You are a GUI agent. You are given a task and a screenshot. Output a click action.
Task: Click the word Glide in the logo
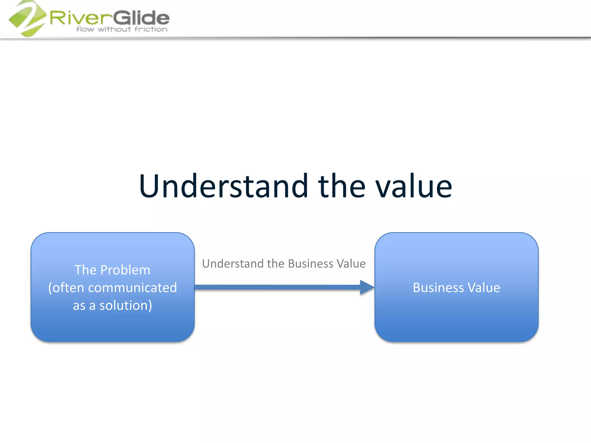point(141,18)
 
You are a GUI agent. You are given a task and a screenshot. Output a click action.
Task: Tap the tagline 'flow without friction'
point(122,29)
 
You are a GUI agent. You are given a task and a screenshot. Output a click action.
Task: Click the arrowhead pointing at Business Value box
point(366,287)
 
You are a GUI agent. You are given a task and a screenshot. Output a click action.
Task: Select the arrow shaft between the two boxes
point(277,287)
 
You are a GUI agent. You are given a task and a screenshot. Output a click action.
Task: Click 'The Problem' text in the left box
point(112,270)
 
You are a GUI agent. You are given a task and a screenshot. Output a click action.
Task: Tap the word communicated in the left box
point(132,288)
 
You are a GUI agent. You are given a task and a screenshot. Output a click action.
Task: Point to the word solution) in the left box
point(126,305)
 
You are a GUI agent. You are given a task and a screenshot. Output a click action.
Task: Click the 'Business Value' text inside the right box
point(456,288)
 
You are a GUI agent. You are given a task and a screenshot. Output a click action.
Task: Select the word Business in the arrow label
point(311,264)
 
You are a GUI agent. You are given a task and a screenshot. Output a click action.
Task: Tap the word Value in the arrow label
point(351,264)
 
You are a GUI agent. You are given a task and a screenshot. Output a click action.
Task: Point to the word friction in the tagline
point(151,29)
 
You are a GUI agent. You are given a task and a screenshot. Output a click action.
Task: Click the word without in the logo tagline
point(114,29)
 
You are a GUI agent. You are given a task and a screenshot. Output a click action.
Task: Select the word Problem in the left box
point(125,270)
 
